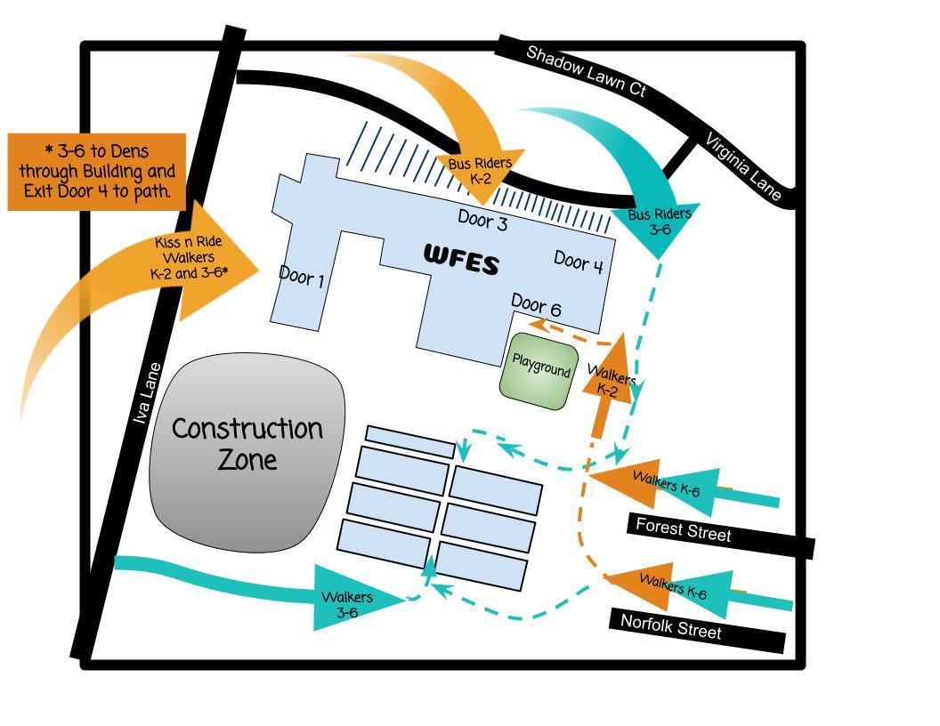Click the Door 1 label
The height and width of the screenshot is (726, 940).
click(302, 278)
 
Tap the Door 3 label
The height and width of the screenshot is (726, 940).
click(482, 221)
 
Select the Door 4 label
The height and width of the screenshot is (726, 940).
click(579, 262)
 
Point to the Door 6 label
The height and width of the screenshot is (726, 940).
click(536, 307)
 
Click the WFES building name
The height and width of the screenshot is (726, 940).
click(461, 259)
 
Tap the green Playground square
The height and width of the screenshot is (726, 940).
click(539, 370)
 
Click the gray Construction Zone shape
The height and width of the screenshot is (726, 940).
click(247, 449)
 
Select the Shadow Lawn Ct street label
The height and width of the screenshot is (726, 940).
click(585, 70)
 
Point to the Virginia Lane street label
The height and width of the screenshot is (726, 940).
click(743, 167)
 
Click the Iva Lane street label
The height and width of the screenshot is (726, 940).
click(148, 392)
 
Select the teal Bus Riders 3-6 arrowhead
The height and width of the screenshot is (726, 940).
click(659, 222)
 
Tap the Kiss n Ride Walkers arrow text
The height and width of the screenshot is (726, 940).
click(189, 258)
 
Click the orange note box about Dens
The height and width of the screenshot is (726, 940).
click(97, 171)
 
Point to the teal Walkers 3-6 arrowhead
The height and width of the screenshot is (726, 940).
click(349, 603)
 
